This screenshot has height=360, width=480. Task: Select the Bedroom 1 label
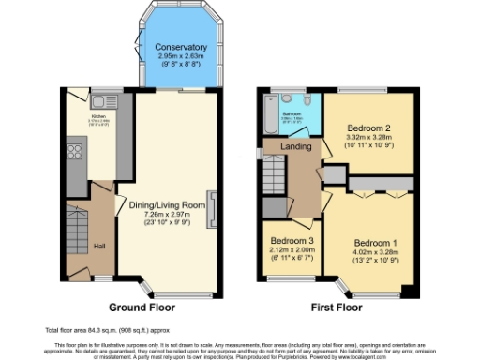[375, 243]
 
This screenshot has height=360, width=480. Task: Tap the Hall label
[99, 247]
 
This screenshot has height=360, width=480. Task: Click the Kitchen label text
[98, 116]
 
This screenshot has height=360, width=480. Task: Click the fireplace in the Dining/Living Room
[214, 208]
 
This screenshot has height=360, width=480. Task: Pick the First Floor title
[336, 307]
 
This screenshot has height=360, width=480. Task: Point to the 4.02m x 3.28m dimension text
[375, 251]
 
